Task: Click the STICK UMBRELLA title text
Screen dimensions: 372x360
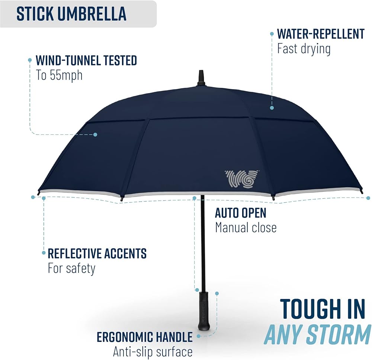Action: pos(71,14)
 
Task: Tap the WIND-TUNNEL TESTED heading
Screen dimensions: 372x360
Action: pos(86,60)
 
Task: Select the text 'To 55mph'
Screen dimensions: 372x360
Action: pos(59,75)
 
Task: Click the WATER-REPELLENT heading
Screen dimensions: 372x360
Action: pos(321,34)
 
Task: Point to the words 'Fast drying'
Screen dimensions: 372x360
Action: pos(304,49)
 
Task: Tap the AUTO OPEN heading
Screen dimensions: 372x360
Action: pos(241,213)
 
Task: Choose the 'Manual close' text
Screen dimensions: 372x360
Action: pos(246,227)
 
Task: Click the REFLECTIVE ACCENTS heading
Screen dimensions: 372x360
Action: pos(97,253)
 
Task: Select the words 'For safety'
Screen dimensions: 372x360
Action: pos(71,269)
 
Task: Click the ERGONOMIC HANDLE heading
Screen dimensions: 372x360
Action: pos(144,337)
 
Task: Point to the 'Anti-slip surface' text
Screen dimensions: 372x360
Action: pos(153,352)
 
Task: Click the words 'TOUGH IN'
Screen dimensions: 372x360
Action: pos(323,309)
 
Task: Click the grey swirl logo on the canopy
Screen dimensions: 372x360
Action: pos(242,178)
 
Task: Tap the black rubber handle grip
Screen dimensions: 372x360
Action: pos(204,311)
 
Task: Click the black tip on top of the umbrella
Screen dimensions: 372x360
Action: pos(201,78)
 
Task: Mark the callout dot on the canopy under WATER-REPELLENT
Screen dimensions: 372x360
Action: pos(272,108)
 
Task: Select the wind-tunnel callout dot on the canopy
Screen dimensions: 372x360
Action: pos(95,134)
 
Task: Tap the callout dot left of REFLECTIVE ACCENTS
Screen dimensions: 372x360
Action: pos(44,253)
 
